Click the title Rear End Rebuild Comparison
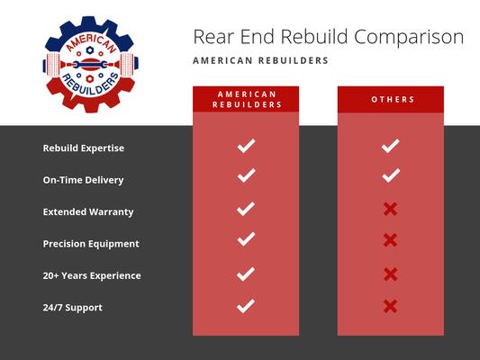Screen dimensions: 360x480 (329, 37)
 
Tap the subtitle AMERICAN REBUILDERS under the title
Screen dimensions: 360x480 (261, 61)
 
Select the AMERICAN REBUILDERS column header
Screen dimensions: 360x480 (246, 99)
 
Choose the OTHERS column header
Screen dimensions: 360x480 (390, 99)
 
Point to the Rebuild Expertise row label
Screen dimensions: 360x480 (84, 148)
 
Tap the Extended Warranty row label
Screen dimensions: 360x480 (88, 211)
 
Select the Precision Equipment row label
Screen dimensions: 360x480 (91, 243)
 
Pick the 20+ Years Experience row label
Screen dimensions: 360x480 (92, 275)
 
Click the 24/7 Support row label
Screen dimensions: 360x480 (73, 308)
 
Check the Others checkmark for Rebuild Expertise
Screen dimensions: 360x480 (390, 145)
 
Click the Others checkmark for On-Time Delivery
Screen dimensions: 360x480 (390, 176)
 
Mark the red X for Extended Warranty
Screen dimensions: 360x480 (390, 209)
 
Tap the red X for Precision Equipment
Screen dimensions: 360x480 (390, 240)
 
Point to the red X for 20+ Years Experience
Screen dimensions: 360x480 (390, 274)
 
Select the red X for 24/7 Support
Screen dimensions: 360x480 (390, 306)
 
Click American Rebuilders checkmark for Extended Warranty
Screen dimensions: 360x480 (246, 209)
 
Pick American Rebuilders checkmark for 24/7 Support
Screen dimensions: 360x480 (246, 306)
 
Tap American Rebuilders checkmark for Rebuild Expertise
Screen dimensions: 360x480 (246, 145)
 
